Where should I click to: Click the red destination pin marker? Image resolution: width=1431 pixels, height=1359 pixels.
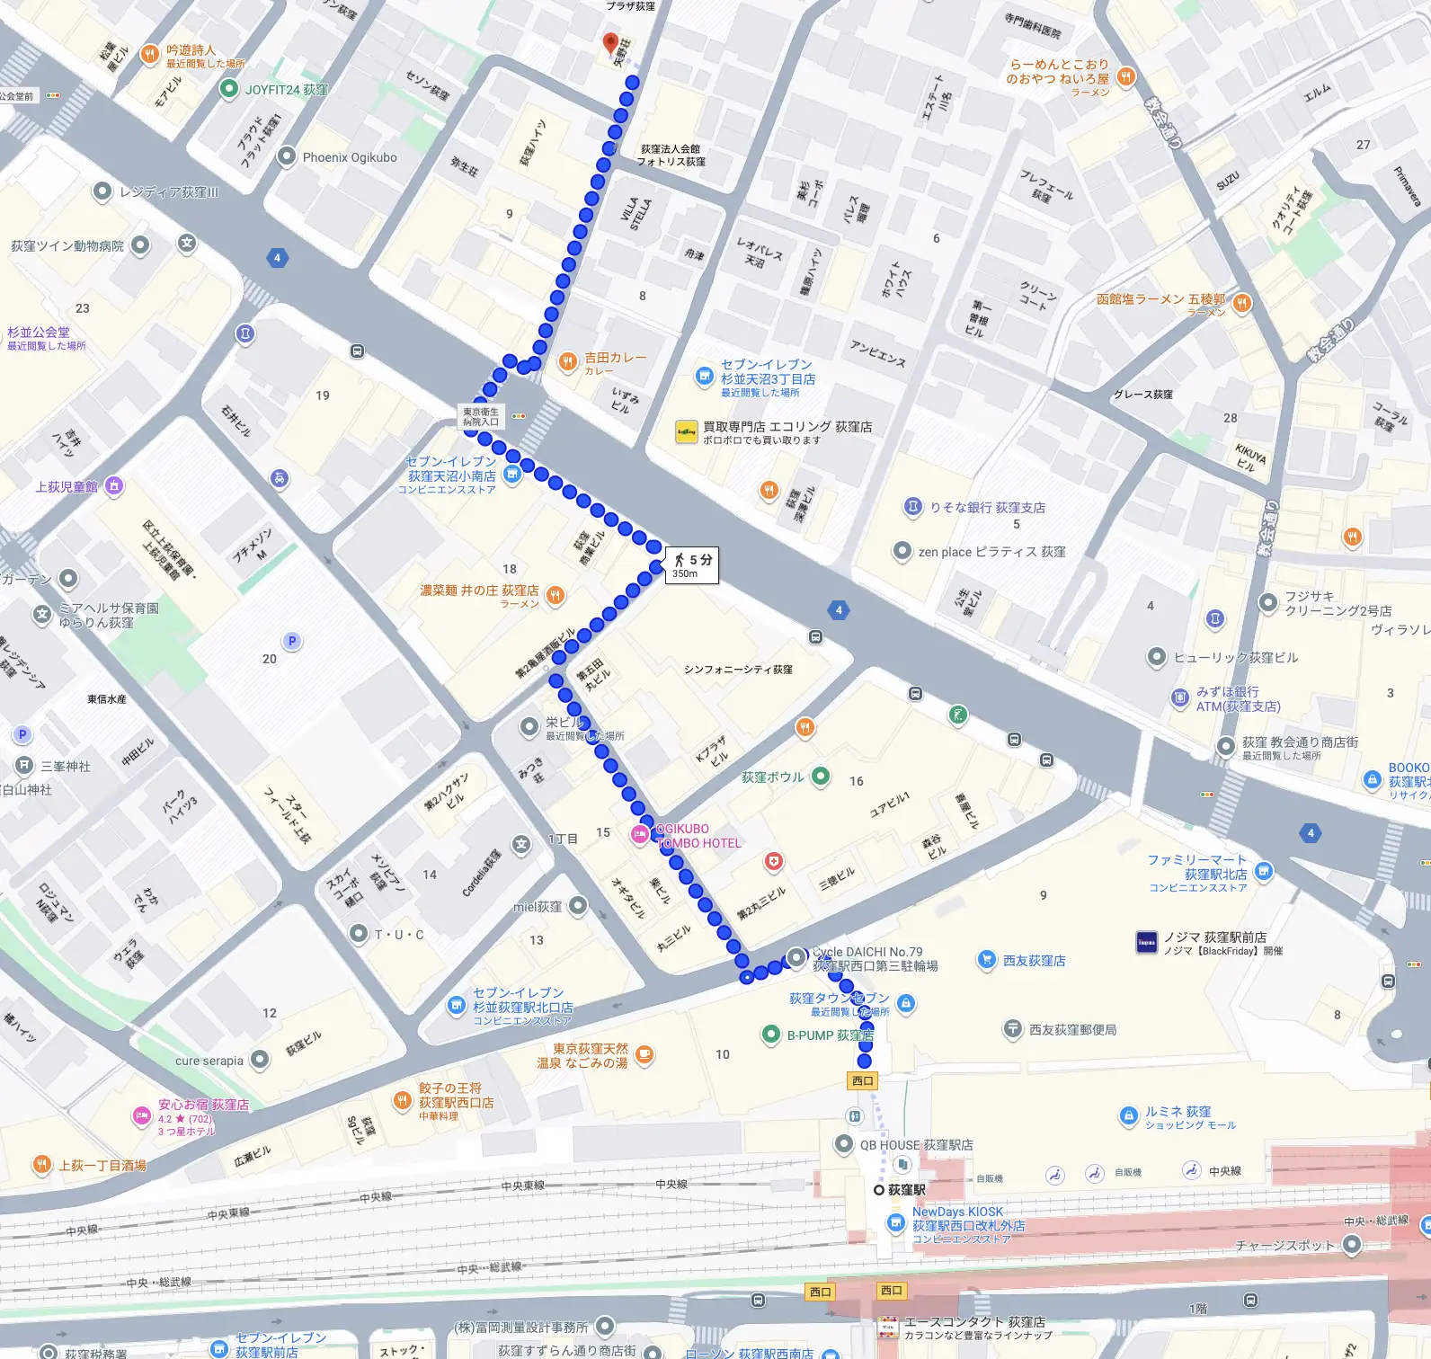(610, 43)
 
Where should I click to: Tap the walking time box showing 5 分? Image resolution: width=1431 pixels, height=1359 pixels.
(691, 565)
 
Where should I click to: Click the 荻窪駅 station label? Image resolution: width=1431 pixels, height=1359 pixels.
(906, 1189)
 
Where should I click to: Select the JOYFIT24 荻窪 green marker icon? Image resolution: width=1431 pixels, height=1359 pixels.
(229, 89)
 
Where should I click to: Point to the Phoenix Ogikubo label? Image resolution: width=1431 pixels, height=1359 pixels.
(349, 157)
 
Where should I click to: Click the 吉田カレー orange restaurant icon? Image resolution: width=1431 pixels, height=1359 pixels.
(567, 362)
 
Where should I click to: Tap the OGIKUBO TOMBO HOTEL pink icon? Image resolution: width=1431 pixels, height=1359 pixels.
(639, 835)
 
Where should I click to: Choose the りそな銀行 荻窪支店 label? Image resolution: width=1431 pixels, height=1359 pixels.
(987, 507)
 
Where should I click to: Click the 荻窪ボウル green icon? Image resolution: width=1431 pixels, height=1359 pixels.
(821, 776)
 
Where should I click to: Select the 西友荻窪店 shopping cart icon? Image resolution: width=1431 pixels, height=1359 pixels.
(986, 960)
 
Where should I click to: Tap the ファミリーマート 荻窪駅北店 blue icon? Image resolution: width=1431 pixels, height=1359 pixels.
(1263, 870)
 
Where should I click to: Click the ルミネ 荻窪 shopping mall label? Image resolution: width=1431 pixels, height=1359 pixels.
(1178, 1112)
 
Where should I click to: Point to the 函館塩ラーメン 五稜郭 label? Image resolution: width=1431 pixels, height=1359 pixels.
(1160, 299)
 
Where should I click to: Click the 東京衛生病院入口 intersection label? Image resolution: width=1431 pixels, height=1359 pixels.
(481, 416)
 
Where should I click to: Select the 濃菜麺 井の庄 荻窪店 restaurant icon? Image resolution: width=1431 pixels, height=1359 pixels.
(556, 594)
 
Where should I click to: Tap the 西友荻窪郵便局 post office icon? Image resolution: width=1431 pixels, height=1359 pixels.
(1013, 1028)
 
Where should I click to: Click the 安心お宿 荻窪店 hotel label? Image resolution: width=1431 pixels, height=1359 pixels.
(203, 1105)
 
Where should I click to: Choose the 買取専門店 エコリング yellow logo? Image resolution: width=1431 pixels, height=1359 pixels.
(687, 432)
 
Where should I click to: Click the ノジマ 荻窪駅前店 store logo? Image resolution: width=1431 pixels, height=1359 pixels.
(1147, 942)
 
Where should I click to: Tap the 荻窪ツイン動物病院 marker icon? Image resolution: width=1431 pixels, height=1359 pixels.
(140, 244)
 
